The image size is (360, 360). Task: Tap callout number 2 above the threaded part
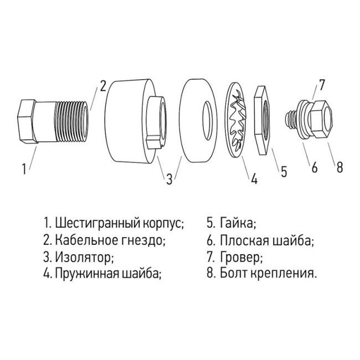click(102, 85)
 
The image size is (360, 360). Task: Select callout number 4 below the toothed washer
click(254, 178)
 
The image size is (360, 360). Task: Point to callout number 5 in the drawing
click(283, 171)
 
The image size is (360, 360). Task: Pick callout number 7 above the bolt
click(322, 85)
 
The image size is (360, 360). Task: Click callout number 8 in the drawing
click(340, 167)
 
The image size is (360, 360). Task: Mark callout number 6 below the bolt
click(314, 167)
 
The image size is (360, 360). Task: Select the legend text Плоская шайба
click(266, 240)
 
